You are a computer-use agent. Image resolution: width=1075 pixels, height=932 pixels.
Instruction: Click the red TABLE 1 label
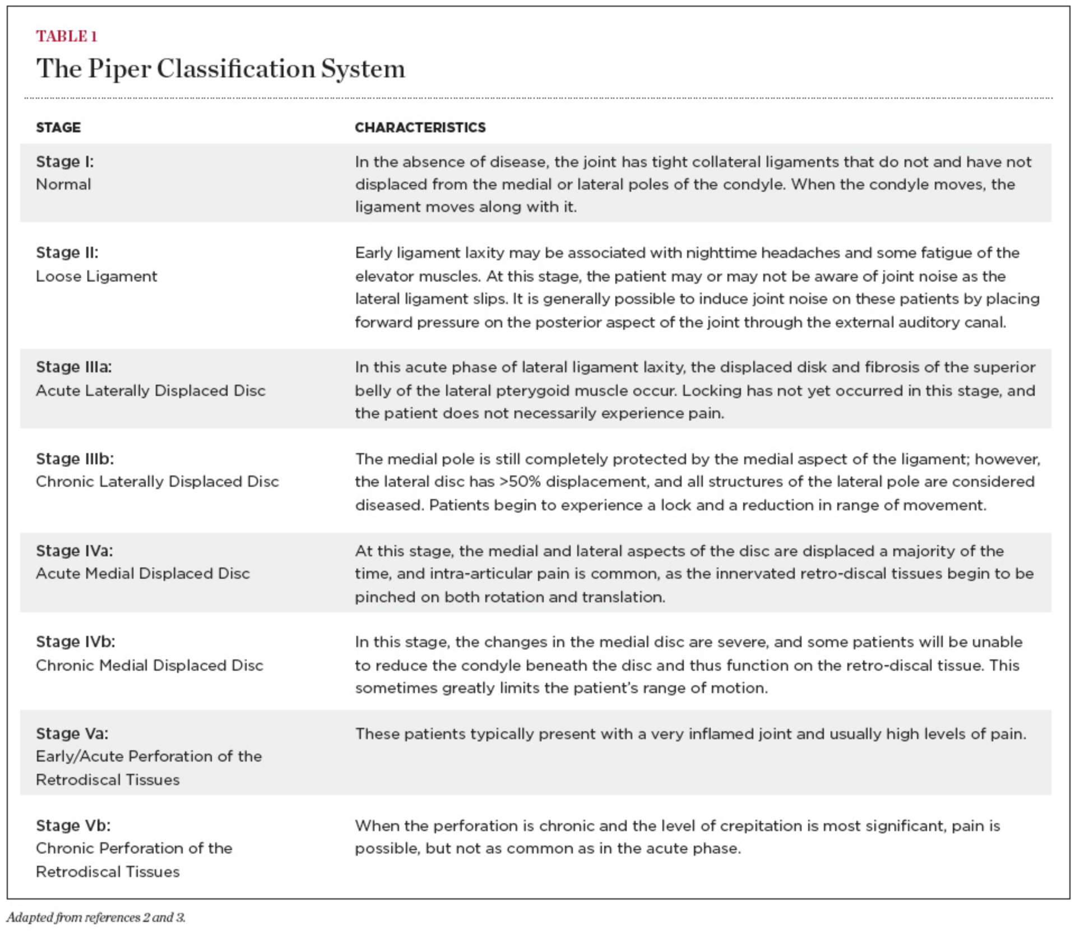[x=67, y=36]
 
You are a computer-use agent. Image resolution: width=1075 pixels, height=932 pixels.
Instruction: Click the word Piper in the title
[x=119, y=69]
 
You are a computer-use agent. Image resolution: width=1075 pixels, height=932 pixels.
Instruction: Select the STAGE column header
[x=58, y=127]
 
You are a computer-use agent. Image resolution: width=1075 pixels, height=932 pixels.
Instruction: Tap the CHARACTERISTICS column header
[x=420, y=127]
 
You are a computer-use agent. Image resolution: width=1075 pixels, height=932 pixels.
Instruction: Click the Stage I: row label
[x=65, y=162]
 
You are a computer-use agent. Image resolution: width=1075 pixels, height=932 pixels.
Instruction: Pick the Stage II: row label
[x=67, y=253]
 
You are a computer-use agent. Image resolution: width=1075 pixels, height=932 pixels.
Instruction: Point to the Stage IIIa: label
[x=74, y=367]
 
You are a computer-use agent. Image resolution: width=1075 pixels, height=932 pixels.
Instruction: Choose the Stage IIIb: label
[x=75, y=459]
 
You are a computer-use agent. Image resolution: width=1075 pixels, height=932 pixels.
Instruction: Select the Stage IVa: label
[x=75, y=551]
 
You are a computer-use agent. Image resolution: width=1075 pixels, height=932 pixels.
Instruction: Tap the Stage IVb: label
[x=76, y=642]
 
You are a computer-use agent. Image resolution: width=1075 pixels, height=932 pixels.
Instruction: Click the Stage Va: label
[x=72, y=733]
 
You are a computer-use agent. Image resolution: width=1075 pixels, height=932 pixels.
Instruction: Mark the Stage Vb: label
[x=73, y=825]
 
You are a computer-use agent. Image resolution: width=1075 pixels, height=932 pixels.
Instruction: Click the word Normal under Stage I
[x=63, y=184]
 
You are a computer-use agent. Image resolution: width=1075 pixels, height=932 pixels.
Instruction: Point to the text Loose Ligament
[x=96, y=276]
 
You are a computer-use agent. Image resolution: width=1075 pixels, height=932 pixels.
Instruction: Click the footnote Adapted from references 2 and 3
[x=96, y=917]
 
